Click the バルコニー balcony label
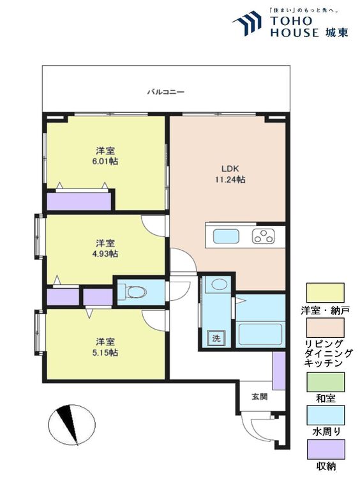165,92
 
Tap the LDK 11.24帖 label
229,174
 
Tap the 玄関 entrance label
259,396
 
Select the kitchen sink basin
226,236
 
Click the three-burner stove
263,236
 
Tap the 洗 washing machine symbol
216,338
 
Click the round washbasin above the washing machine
220,285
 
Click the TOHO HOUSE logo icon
247,24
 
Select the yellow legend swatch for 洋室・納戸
325,293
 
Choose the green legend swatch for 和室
325,381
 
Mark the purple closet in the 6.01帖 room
79,201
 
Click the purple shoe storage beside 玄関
278,370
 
